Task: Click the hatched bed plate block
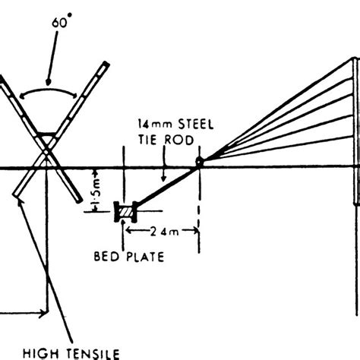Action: pyautogui.click(x=121, y=212)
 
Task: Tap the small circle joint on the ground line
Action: pyautogui.click(x=198, y=162)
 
